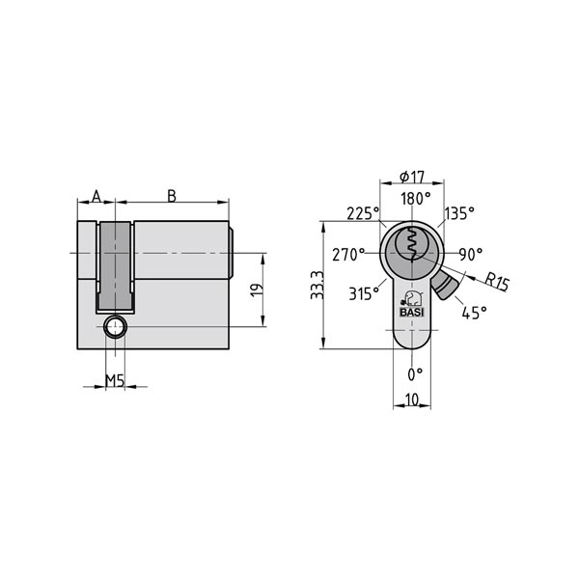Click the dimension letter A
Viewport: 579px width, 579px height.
click(x=96, y=196)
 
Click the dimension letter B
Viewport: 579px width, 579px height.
click(x=172, y=196)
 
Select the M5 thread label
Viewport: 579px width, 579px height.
click(x=114, y=380)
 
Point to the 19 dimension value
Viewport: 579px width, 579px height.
click(x=256, y=289)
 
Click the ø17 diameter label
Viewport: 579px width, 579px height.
click(x=412, y=177)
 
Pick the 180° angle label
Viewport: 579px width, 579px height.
click(x=415, y=198)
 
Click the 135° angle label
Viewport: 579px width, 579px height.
click(x=459, y=213)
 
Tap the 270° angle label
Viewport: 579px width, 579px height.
click(x=348, y=255)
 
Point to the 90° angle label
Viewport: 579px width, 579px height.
click(x=471, y=255)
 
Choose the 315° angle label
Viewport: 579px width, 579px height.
click(x=364, y=294)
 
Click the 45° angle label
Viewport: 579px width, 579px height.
click(x=474, y=312)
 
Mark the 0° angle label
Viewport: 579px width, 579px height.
click(x=415, y=372)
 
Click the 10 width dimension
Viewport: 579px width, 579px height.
click(x=413, y=399)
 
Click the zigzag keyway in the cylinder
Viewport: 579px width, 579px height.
click(x=412, y=245)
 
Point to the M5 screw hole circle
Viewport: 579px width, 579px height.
click(x=116, y=327)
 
